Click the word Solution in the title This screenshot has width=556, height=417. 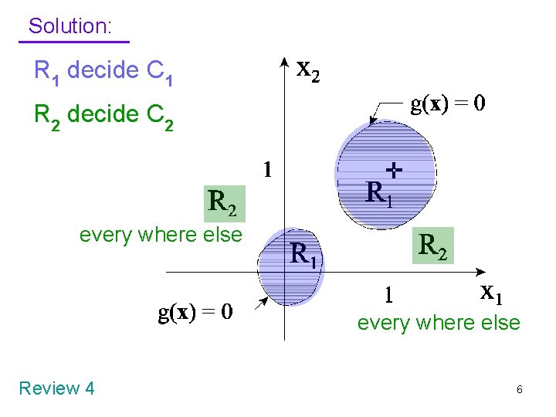point(69,25)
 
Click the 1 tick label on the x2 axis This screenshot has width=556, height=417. point(267,169)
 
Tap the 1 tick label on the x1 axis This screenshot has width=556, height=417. point(389,295)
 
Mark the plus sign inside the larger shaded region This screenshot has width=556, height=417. point(395,168)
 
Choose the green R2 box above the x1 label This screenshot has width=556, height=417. point(432,245)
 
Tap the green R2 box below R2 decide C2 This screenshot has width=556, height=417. point(224,203)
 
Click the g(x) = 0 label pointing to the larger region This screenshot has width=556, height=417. point(448,104)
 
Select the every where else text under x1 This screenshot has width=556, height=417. point(439,322)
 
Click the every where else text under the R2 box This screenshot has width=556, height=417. point(161,234)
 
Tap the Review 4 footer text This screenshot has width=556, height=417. point(56,388)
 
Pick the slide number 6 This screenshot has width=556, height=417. point(519,390)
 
